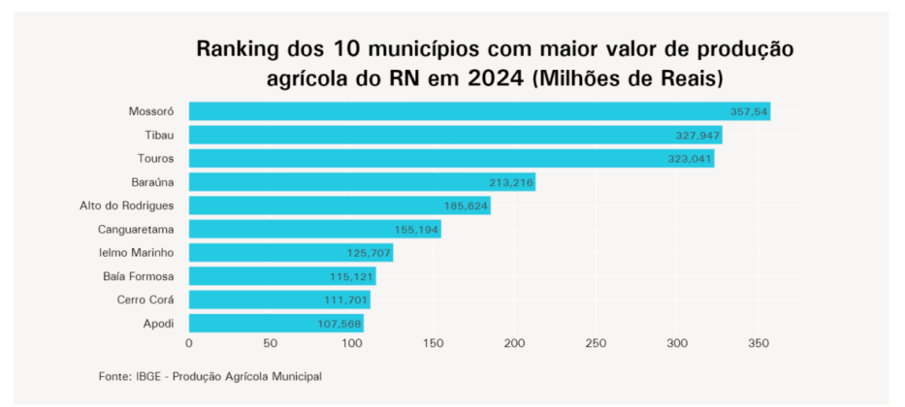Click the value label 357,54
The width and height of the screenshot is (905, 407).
(749, 112)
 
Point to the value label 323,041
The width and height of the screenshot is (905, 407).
(690, 159)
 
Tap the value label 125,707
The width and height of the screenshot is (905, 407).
(369, 253)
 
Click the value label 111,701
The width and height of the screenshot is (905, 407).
(344, 300)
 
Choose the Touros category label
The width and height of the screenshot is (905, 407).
(156, 159)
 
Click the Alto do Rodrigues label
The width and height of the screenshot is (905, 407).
(126, 205)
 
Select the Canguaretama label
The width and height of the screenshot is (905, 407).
(136, 230)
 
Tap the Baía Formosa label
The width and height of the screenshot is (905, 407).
(138, 276)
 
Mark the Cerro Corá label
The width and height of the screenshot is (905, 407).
(145, 300)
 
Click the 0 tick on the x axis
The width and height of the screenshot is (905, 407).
(188, 343)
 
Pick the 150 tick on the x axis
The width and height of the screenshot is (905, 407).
(433, 343)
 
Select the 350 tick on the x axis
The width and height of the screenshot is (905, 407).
(759, 343)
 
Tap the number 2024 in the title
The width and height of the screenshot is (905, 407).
(493, 78)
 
